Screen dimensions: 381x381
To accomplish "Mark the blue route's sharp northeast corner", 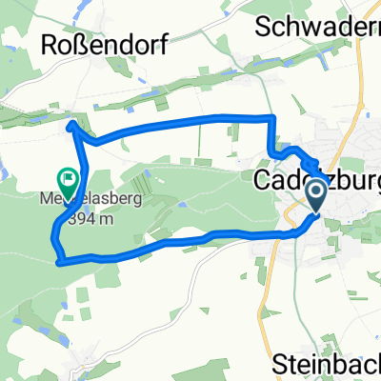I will tap(272, 117).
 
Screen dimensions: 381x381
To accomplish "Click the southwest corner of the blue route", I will tap(58, 260).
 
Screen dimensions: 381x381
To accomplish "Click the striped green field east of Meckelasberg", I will tap(138, 186).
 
